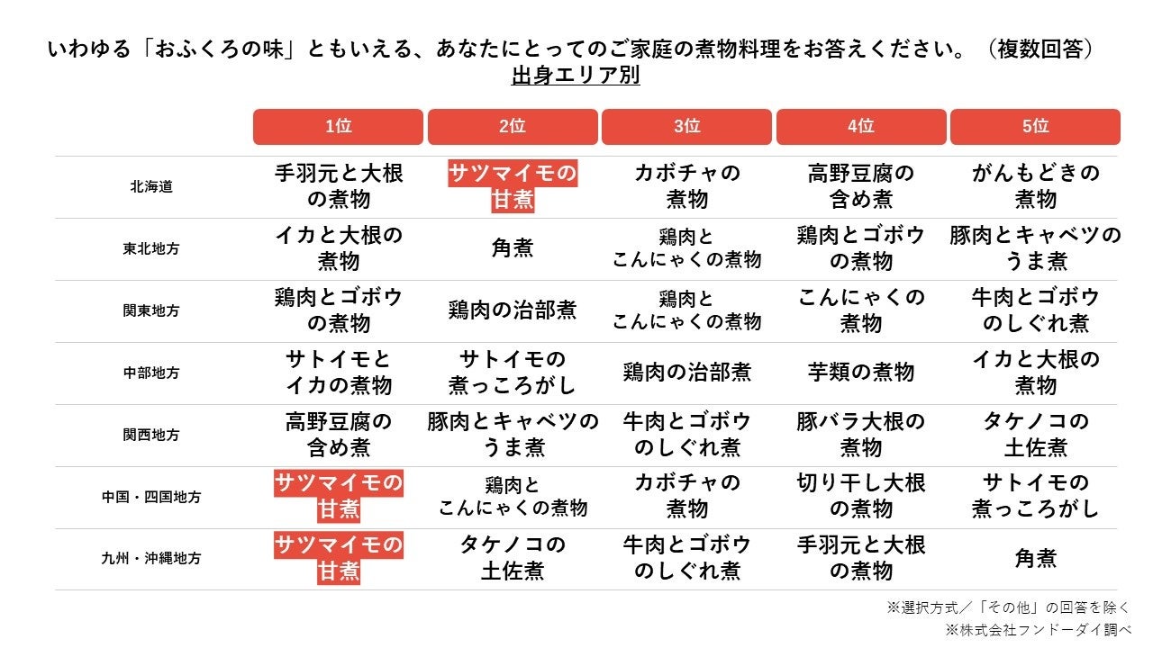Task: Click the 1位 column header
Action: tap(338, 127)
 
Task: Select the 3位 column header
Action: tap(686, 127)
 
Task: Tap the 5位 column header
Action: tap(1035, 127)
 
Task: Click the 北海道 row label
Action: tap(150, 187)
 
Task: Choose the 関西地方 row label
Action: tap(150, 435)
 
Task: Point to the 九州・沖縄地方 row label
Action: tap(150, 558)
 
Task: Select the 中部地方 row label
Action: tap(150, 373)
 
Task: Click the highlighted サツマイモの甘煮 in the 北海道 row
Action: tap(513, 186)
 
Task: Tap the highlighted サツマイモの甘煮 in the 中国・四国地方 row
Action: tap(338, 496)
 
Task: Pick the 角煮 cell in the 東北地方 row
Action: tap(513, 248)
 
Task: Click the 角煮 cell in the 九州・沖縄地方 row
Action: tap(1035, 558)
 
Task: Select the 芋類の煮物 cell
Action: tap(860, 372)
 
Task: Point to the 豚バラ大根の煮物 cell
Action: tap(860, 434)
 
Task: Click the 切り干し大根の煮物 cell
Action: tap(860, 496)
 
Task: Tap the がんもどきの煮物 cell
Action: tap(1035, 186)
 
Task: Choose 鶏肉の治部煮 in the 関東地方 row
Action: tap(513, 310)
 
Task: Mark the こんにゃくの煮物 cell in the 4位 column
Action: tap(860, 310)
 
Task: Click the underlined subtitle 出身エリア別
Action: tap(576, 76)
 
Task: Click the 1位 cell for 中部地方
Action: tap(338, 372)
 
